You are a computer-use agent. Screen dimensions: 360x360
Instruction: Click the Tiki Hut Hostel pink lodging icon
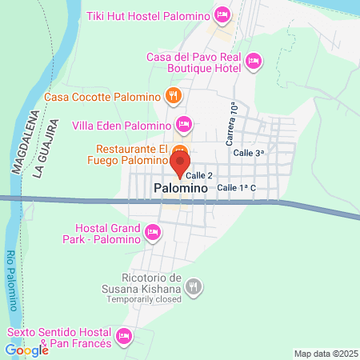point(222,15)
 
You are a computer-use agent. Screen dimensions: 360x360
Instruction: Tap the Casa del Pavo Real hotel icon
point(254,61)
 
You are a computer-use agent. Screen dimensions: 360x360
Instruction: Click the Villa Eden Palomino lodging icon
point(184,125)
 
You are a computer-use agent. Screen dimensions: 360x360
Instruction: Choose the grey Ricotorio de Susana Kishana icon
point(194,285)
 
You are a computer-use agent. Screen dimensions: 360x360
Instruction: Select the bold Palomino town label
point(180,188)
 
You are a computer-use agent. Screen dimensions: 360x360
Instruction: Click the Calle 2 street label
point(199,175)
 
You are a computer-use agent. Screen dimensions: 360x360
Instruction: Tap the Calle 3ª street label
point(248,152)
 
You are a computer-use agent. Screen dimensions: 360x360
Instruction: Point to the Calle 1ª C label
point(236,187)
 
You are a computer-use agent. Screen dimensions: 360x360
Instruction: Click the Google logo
point(26,350)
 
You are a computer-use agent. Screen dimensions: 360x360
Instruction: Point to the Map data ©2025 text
point(326,354)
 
